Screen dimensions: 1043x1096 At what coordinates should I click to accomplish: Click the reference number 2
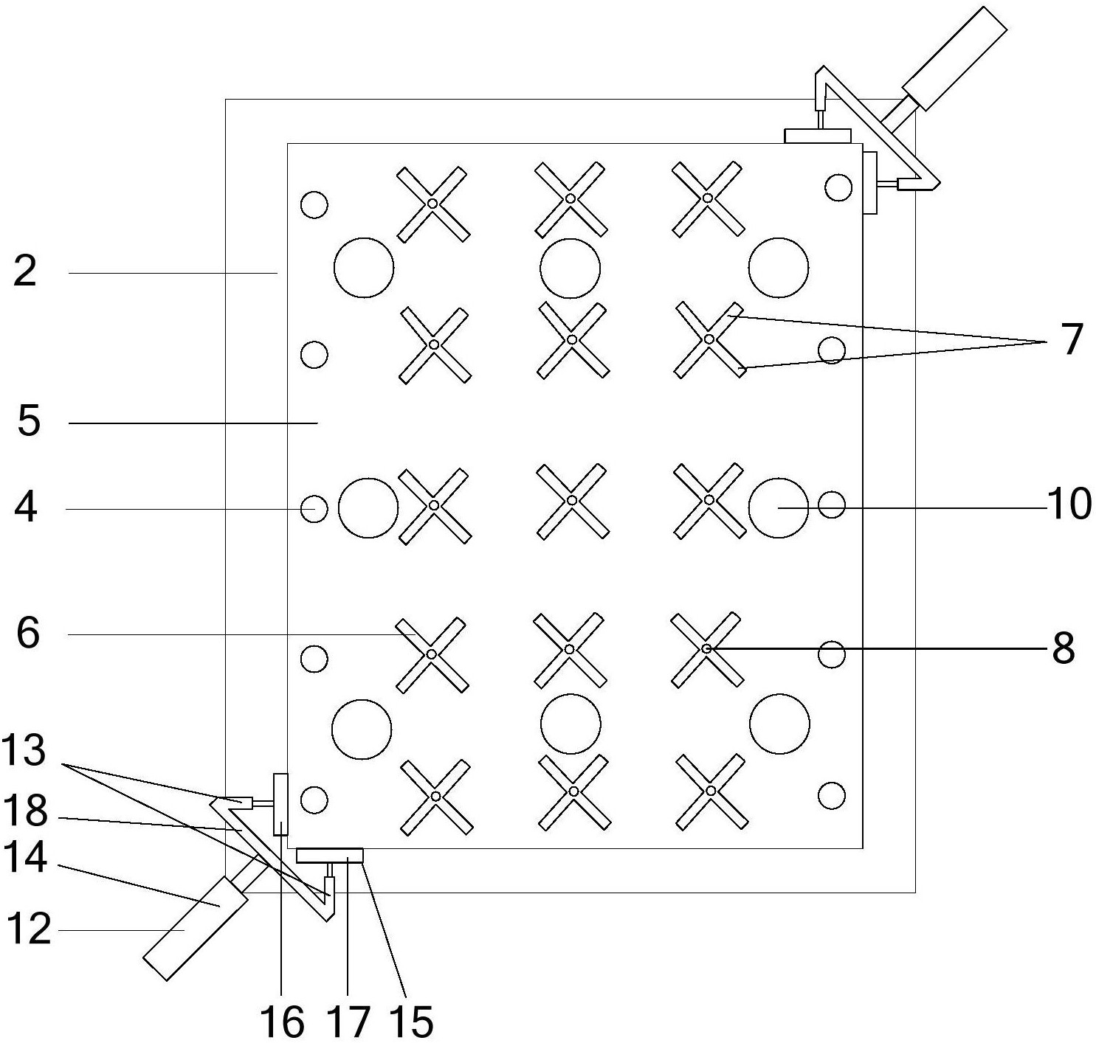[x=25, y=271]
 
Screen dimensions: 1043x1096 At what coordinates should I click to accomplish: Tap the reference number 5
[x=28, y=422]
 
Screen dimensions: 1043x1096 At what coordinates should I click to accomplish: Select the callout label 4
[x=27, y=507]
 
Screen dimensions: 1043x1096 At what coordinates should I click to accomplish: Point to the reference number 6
[x=28, y=633]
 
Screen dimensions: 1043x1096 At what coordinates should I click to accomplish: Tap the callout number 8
[x=1063, y=648]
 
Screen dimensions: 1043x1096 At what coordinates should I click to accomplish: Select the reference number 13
[x=24, y=752]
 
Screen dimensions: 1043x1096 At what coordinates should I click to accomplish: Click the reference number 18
[x=25, y=812]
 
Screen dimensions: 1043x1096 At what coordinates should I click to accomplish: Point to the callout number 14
[x=25, y=858]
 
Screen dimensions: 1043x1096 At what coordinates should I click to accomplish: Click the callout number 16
[x=282, y=1022]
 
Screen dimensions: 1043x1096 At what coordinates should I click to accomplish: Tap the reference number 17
[x=348, y=1022]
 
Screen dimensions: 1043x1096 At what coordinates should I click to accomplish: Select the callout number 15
[x=412, y=1022]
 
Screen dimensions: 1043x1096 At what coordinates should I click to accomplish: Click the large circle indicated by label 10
[x=779, y=507]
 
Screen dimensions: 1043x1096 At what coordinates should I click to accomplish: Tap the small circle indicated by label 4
[x=314, y=508]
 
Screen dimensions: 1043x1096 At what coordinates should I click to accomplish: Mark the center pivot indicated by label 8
[x=706, y=648]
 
